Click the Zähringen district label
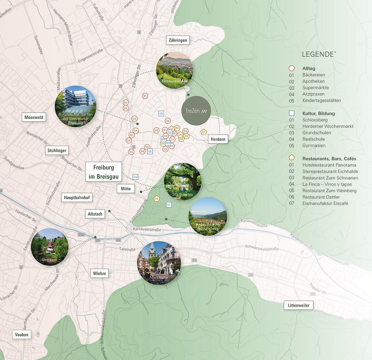pos(177,40)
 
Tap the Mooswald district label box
pos(34,118)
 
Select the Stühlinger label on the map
pos(58,151)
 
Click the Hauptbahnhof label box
pos(77,198)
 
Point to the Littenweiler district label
pos(298,305)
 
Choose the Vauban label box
pos(22,334)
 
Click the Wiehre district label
pos(99,273)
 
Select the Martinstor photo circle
pos(159,263)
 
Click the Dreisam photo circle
pos(49,247)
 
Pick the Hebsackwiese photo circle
pos(174,70)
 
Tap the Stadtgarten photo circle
pos(182,181)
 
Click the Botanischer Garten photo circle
pos(76,106)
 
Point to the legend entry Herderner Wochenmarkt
pos(328,126)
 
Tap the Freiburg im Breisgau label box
pos(104,171)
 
